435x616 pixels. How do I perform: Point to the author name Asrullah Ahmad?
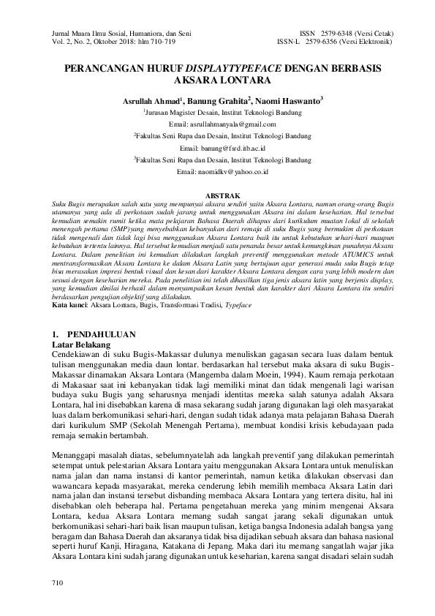(141, 100)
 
